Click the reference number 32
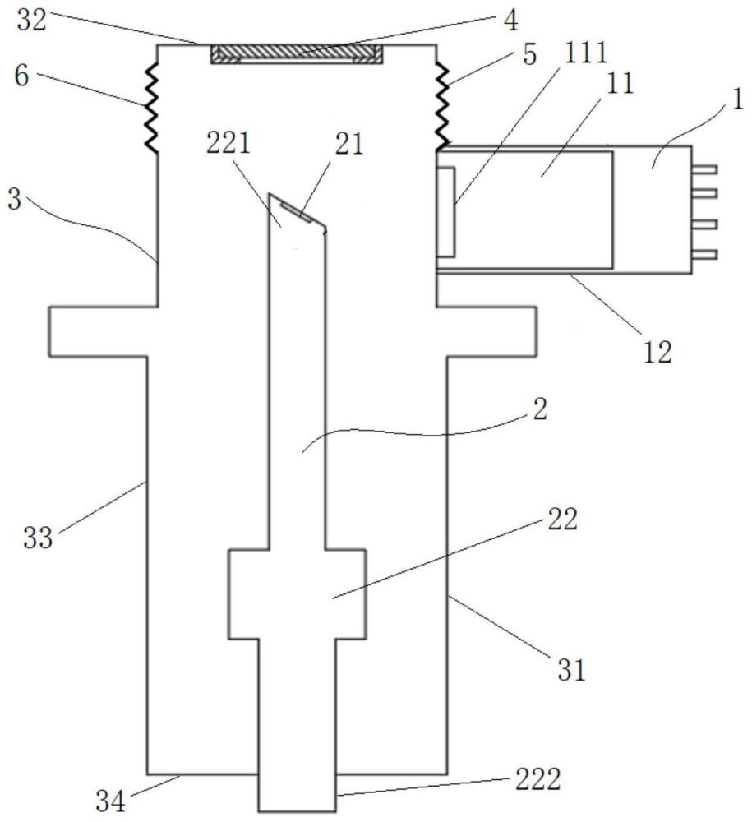point(33,21)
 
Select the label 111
point(585,53)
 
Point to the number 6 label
point(21,76)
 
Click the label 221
point(228,142)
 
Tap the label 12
point(657,352)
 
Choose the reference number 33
point(39,538)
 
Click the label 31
point(571,669)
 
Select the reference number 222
point(538,779)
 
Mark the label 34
point(111,801)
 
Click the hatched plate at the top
point(297,53)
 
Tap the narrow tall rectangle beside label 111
point(445,212)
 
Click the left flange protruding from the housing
point(104,331)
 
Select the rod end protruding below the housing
point(298,792)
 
